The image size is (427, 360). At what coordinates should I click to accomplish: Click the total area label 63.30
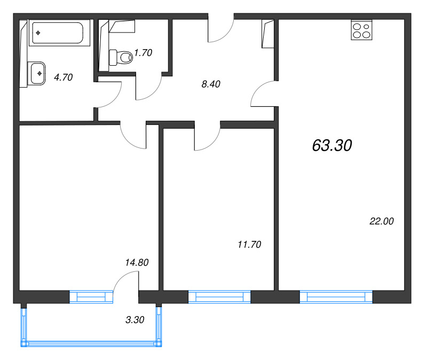[332, 145]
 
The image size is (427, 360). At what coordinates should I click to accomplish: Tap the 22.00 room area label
[382, 221]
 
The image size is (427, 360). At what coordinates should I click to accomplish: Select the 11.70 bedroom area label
[249, 245]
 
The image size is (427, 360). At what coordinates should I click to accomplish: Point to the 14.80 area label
[137, 262]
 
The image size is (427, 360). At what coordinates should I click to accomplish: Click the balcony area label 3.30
[135, 319]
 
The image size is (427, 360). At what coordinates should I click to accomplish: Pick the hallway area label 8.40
[211, 84]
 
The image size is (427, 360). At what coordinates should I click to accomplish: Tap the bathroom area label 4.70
[64, 77]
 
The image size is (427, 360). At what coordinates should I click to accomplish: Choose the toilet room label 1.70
[143, 52]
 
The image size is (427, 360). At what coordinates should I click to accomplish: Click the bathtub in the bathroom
[59, 33]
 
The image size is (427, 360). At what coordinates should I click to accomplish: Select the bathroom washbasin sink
[38, 73]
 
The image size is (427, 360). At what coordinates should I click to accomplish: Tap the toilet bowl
[121, 58]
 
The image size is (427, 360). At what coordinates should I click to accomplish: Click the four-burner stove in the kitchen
[362, 30]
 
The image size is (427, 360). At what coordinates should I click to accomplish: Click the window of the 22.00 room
[336, 297]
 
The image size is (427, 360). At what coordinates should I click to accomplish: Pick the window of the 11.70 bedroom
[219, 297]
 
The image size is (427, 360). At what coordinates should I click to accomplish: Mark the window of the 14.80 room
[91, 297]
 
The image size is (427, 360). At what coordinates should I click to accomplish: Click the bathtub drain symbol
[38, 33]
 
